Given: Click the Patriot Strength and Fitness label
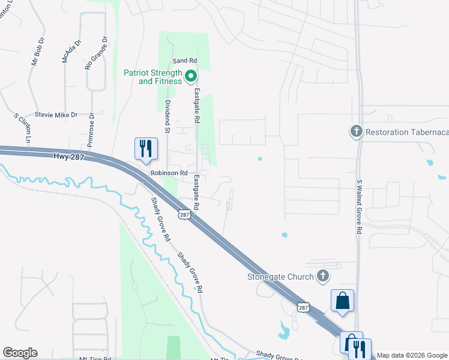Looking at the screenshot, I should click(x=152, y=77).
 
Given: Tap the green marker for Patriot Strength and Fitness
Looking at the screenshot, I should click(x=191, y=76).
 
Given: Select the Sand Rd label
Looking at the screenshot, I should click(x=184, y=61).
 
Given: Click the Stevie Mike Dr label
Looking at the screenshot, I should click(x=56, y=115).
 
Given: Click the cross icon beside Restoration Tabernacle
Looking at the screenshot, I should click(x=356, y=131).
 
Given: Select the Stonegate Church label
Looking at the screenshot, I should click(x=280, y=277).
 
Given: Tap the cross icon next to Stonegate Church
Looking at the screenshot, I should click(x=323, y=276).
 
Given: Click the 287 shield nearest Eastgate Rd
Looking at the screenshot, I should click(x=184, y=214).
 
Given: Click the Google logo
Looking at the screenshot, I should click(x=20, y=353).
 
